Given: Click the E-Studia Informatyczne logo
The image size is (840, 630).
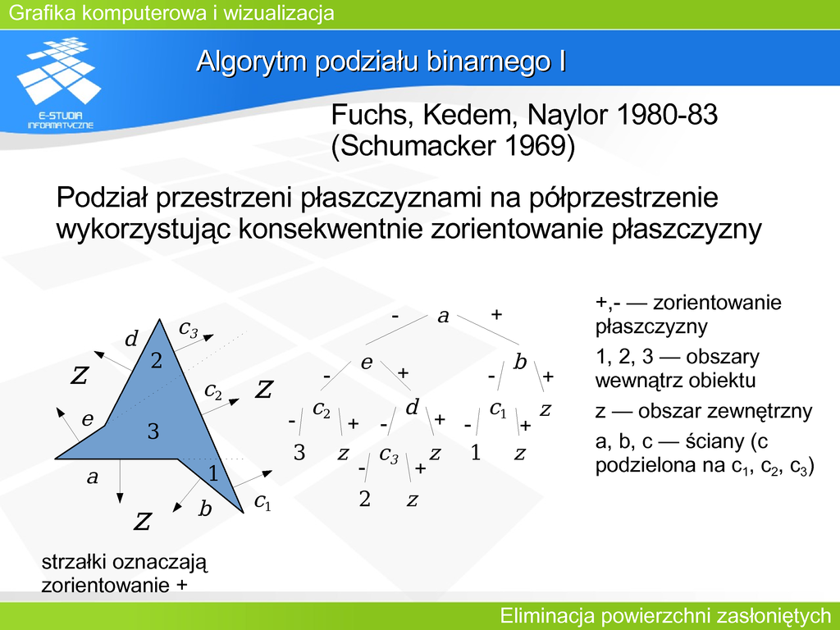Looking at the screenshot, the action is pyautogui.click(x=59, y=83).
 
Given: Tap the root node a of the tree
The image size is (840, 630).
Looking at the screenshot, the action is pyautogui.click(x=443, y=317).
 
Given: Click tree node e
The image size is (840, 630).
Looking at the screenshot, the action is pyautogui.click(x=367, y=363).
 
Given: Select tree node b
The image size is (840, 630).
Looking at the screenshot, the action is pyautogui.click(x=520, y=362).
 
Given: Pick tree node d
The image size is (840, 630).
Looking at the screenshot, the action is pyautogui.click(x=412, y=407).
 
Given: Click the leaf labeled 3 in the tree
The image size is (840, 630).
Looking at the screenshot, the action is pyautogui.click(x=299, y=453).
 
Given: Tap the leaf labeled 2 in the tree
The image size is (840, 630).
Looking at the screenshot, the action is pyautogui.click(x=365, y=499).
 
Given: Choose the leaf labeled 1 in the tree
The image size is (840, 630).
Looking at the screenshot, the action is pyautogui.click(x=475, y=453).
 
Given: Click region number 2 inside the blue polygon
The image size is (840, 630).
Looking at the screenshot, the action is pyautogui.click(x=157, y=361).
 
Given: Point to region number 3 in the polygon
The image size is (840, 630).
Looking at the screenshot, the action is pyautogui.click(x=153, y=431).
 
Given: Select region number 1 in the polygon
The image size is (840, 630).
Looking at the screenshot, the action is pyautogui.click(x=213, y=473).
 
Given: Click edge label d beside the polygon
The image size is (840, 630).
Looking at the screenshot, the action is pyautogui.click(x=131, y=339).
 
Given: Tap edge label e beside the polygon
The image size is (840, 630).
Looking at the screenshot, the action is pyautogui.click(x=88, y=419).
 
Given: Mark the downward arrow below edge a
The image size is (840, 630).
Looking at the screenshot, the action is pyautogui.click(x=120, y=481).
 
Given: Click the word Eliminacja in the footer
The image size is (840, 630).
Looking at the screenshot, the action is pyautogui.click(x=547, y=615).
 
